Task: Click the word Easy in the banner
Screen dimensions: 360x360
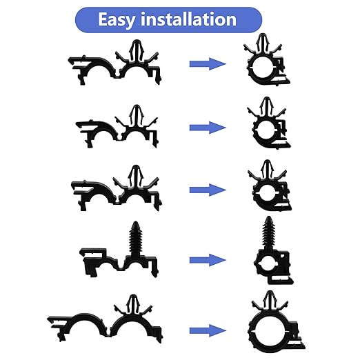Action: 117,20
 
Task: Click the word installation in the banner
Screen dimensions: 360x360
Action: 188,19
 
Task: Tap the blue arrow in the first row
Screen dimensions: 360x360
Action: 208,64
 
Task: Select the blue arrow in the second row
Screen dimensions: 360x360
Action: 208,128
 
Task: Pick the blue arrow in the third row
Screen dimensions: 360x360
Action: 208,190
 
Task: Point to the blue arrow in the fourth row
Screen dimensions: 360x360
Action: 208,260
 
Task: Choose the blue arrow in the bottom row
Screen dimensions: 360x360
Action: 208,330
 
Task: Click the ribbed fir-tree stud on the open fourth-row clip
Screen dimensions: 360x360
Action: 136,238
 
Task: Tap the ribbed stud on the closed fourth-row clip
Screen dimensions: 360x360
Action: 268,232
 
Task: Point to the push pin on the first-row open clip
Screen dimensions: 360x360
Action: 136,50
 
